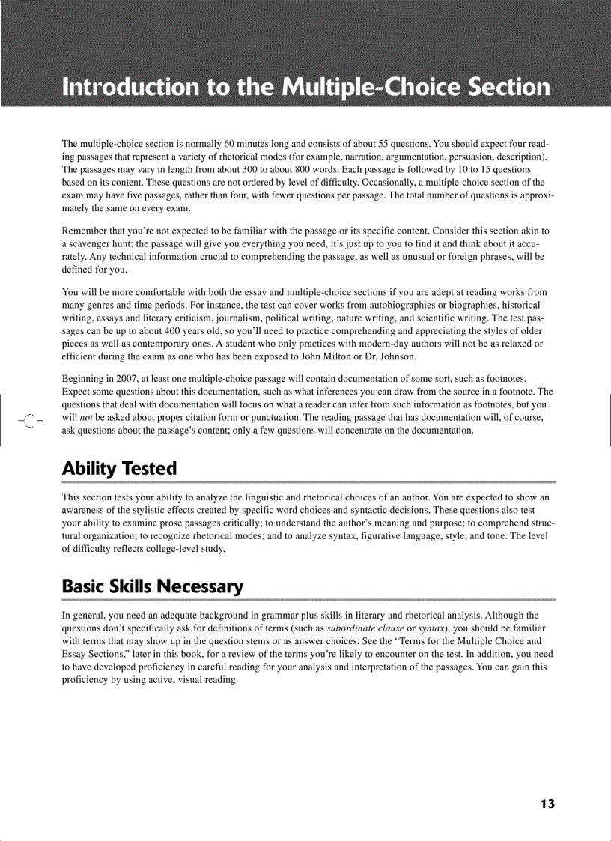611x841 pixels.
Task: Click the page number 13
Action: coord(547,804)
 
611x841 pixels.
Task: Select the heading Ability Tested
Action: coord(119,469)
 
